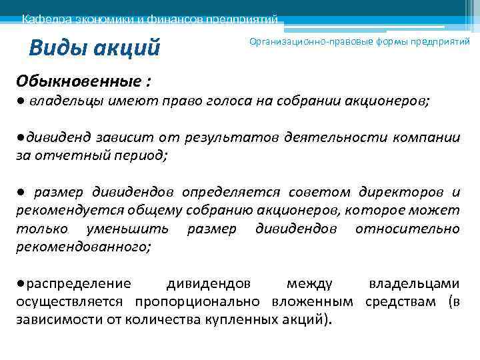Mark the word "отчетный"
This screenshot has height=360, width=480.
[x=71, y=155]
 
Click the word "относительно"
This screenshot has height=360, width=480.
[x=407, y=229]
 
